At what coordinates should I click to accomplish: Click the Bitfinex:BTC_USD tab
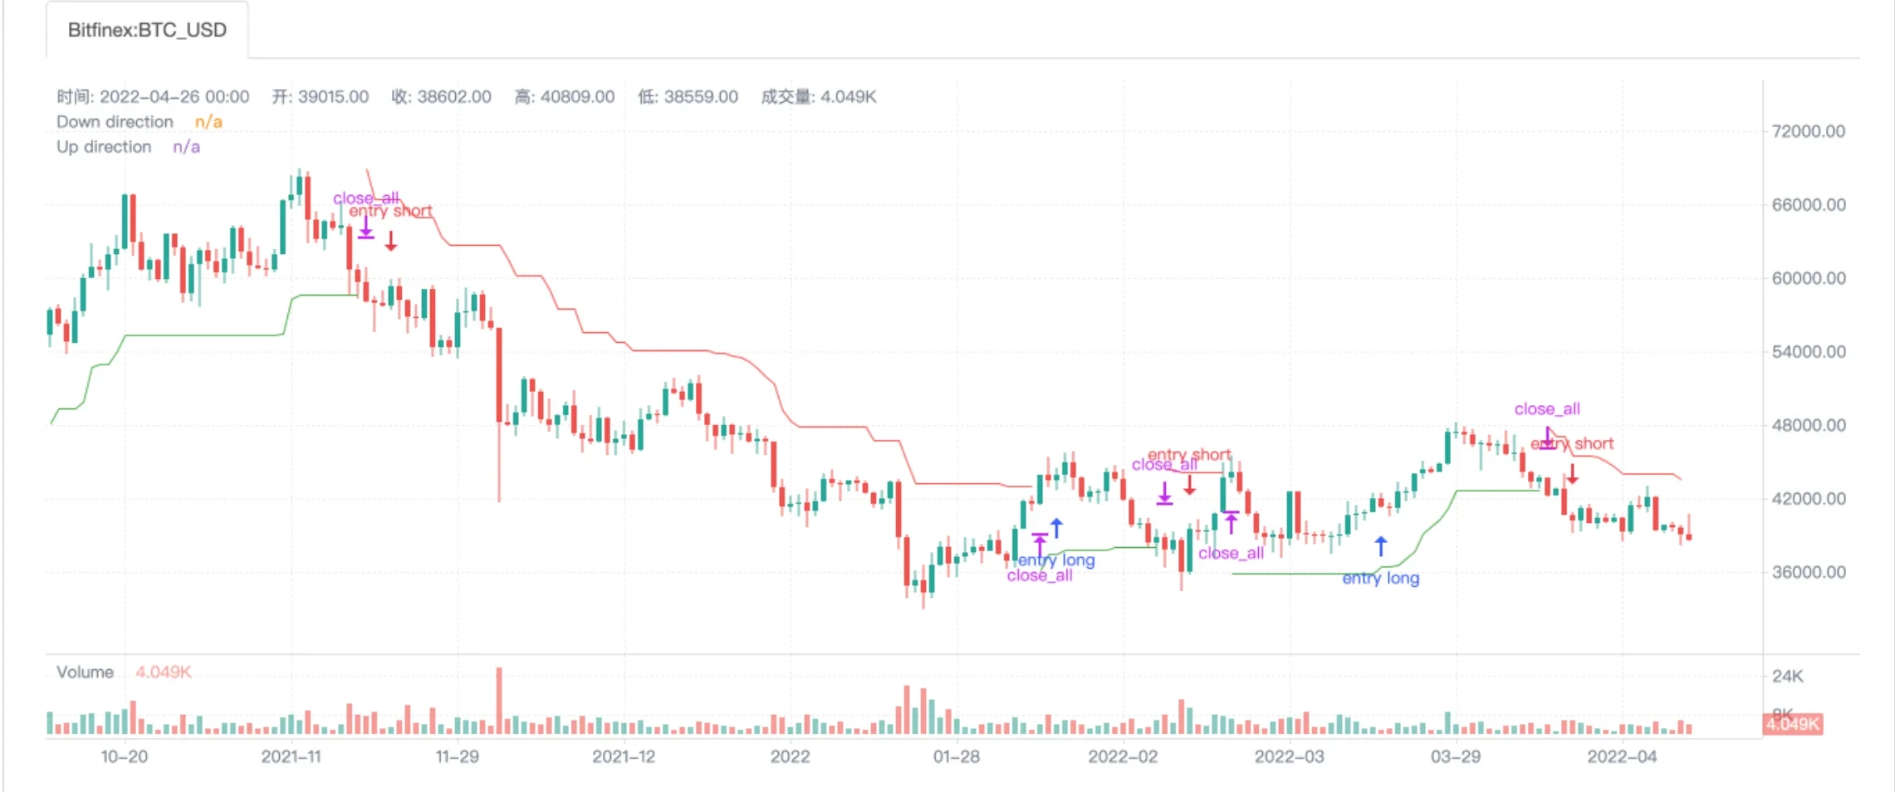coord(147,31)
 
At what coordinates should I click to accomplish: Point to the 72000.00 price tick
coord(1808,131)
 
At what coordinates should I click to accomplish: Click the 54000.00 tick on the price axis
coord(1808,352)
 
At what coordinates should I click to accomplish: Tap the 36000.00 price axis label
coord(1808,572)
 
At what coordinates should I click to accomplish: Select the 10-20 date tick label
coord(125,756)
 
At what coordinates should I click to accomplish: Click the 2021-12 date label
coord(624,756)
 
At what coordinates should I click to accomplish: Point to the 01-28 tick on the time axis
coord(957,756)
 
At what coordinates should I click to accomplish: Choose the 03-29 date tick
coord(1455,756)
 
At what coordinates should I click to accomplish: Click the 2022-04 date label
coord(1622,756)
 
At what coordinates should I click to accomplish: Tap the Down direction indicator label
coord(115,122)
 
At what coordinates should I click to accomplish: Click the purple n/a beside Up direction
coord(186,147)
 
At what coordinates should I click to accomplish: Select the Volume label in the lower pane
coord(85,672)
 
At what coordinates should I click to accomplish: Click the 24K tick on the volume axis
coord(1787,677)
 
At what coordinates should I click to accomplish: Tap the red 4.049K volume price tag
coord(1793,724)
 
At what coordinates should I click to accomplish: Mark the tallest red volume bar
coord(499,700)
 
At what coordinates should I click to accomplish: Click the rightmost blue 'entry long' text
coord(1380,579)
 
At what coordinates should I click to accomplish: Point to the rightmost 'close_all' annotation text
coord(1546,409)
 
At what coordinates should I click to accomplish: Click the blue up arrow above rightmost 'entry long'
coord(1380,546)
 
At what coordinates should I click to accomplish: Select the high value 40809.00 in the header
coord(577,97)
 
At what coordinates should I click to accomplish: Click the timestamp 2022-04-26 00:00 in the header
coord(174,97)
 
